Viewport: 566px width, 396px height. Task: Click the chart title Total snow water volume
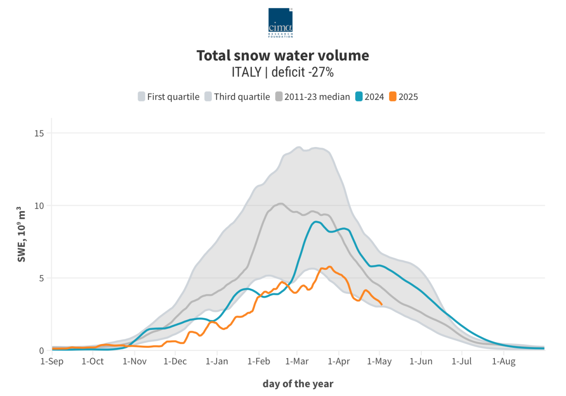pos(283,56)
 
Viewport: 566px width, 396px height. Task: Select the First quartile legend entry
pos(168,97)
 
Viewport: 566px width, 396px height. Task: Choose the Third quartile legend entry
pos(237,97)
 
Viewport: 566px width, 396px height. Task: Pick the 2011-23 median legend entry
pos(313,97)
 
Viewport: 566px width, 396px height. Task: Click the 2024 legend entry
pos(369,97)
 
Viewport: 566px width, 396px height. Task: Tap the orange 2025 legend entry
pos(403,97)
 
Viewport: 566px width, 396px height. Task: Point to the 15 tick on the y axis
pos(39,133)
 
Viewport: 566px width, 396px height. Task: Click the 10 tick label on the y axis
pos(39,206)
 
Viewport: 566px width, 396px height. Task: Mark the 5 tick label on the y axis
pos(41,278)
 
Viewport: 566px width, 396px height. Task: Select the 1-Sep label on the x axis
pos(52,362)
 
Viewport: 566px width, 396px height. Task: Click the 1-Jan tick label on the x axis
pos(217,362)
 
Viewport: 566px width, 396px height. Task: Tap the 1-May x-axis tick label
pos(380,362)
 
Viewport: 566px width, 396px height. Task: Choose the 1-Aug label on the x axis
pos(504,362)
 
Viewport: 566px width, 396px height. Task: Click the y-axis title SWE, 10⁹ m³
pos(22,234)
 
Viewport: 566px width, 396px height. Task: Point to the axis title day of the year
pos(298,384)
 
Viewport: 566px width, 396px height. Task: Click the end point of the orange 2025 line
pos(382,304)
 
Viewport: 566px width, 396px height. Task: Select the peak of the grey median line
pos(281,204)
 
